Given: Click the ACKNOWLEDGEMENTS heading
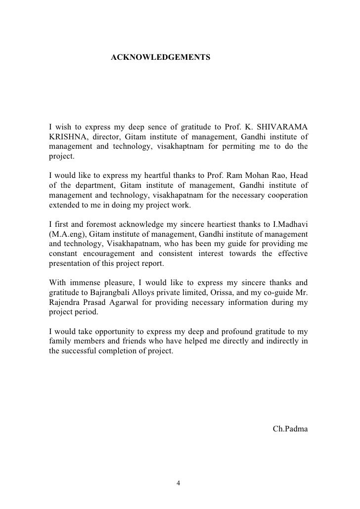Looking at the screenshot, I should (x=160, y=58).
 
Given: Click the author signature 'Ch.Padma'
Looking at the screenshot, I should (x=290, y=428).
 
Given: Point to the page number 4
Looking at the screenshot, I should (x=179, y=483).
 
